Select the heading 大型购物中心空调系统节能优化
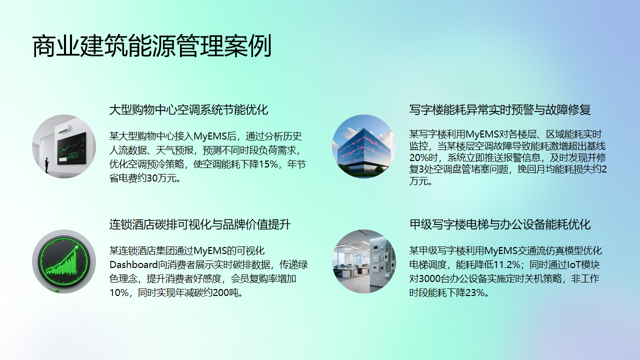188,109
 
